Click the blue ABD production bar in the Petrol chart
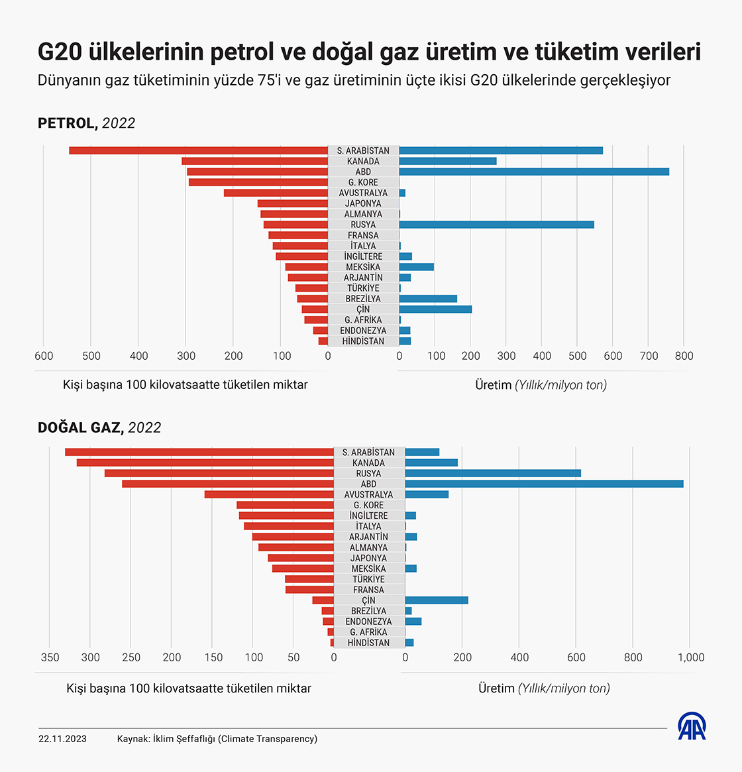click(x=534, y=172)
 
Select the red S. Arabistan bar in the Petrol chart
click(x=199, y=150)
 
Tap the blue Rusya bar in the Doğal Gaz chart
click(x=493, y=473)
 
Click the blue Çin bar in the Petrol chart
click(x=435, y=309)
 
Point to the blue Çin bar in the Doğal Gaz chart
click(x=437, y=600)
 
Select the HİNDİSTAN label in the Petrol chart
click(x=363, y=341)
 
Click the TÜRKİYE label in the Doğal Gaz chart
click(x=368, y=579)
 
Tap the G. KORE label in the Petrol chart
click(x=363, y=182)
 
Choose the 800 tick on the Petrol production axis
click(x=684, y=356)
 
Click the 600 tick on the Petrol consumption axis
click(x=44, y=356)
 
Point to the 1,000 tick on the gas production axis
click(x=691, y=657)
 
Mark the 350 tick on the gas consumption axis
click(x=50, y=657)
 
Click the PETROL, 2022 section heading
click(x=86, y=123)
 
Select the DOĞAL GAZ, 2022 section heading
click(x=99, y=427)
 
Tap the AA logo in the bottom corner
click(x=692, y=726)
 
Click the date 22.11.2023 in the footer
click(x=62, y=739)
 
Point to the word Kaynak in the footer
click(x=132, y=739)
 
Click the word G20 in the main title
click(x=60, y=52)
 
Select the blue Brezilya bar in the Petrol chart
click(x=428, y=299)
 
